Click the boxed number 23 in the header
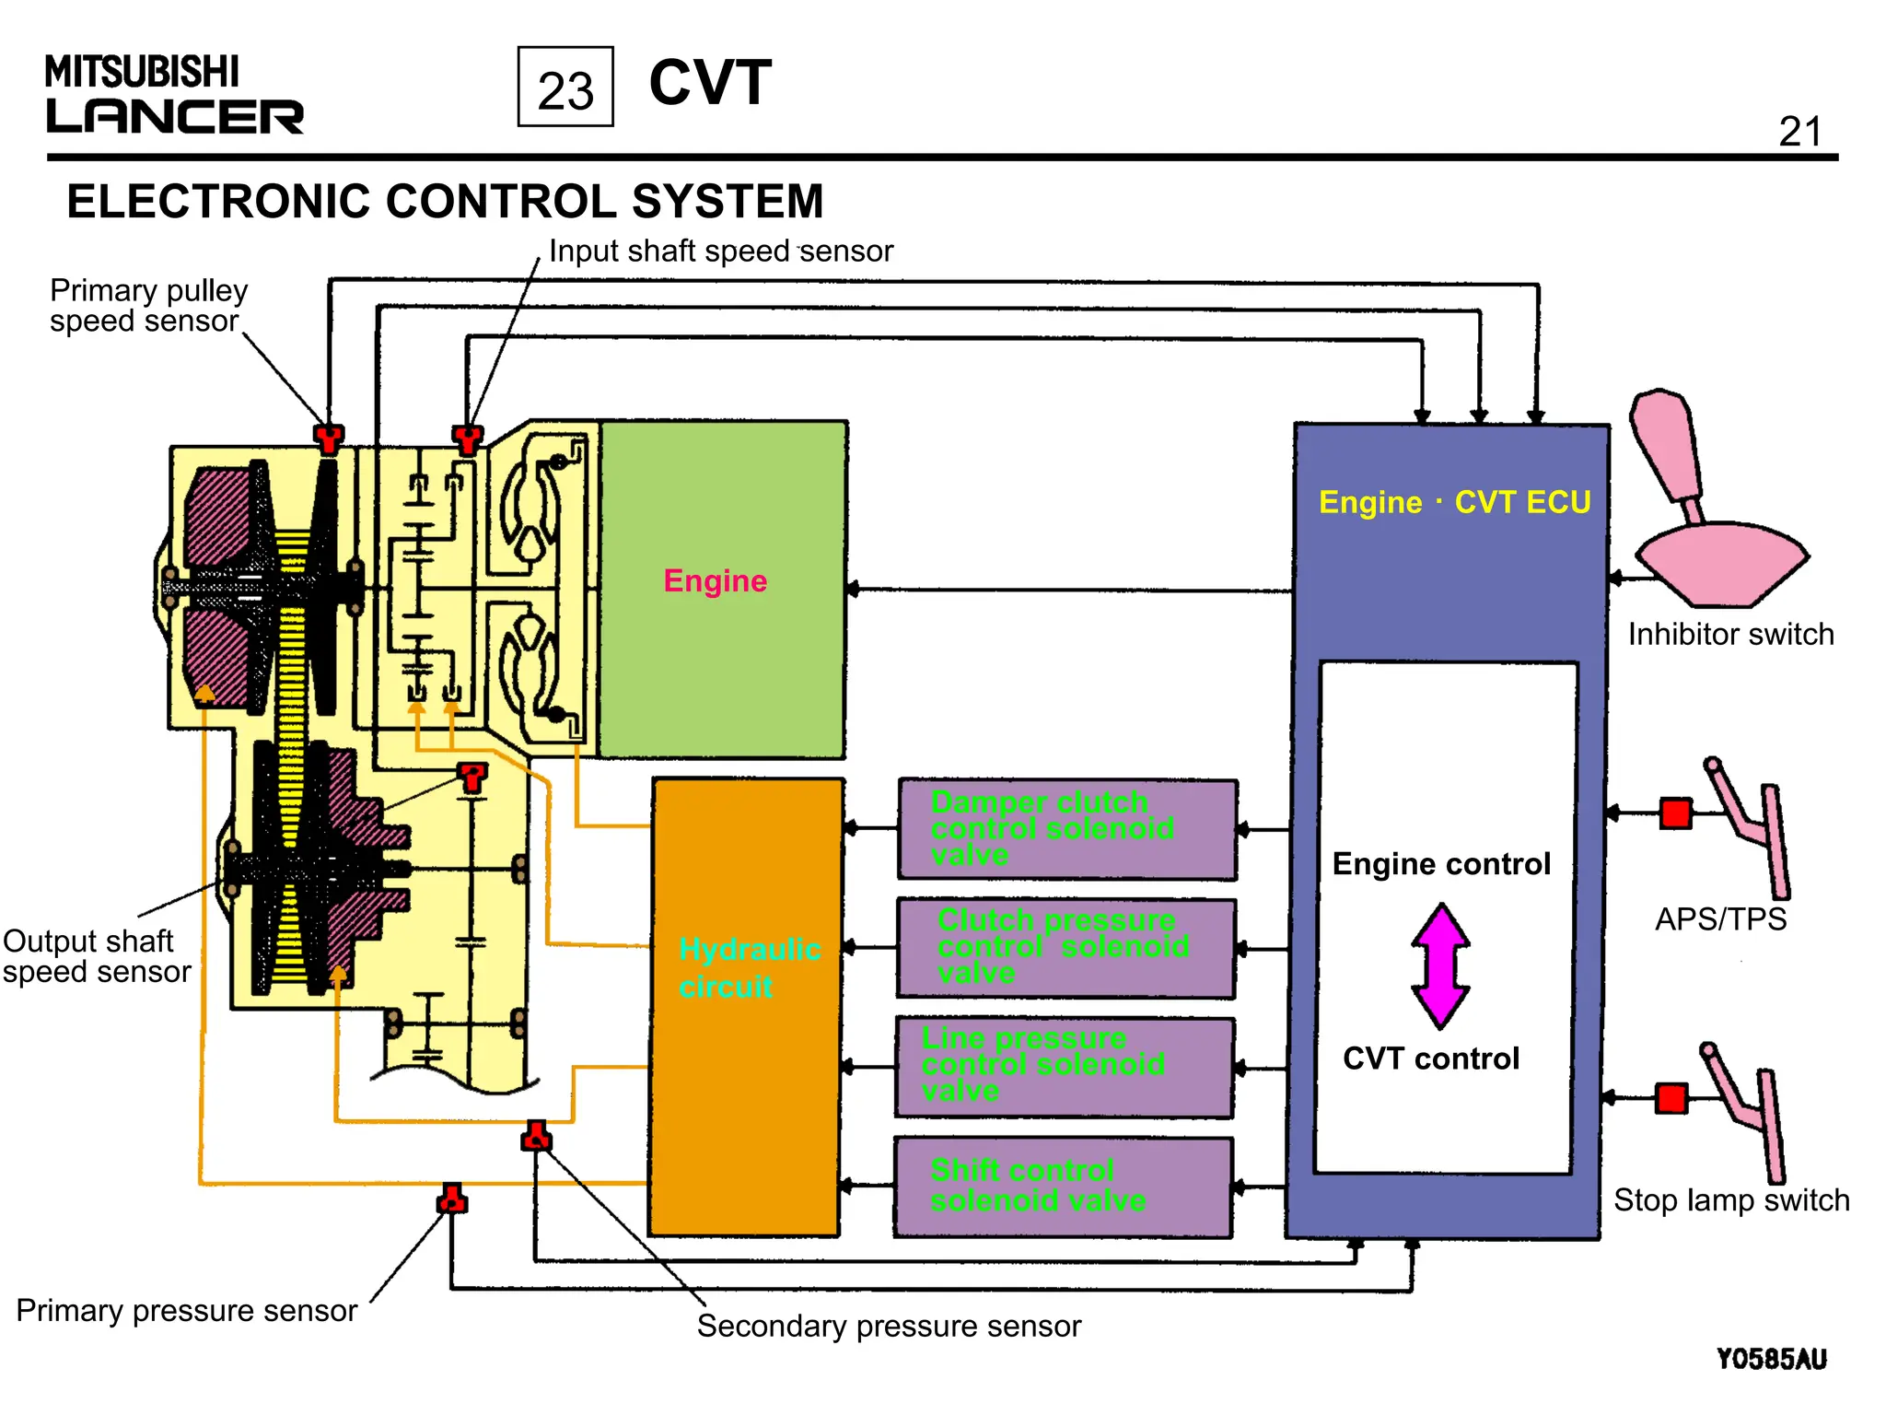point(565,88)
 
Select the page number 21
point(1799,132)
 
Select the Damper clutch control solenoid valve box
point(1067,829)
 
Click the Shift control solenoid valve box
point(1063,1187)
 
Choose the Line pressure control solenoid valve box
point(1064,1067)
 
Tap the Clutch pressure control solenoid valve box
point(1065,948)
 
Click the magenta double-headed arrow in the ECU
point(1441,965)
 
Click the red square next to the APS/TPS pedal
point(1676,813)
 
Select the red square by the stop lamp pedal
point(1671,1098)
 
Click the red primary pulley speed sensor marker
point(329,438)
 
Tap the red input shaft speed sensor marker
point(468,439)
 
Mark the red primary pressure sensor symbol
point(451,1199)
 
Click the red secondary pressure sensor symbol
point(536,1137)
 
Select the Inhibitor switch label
point(1730,635)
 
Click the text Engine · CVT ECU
point(1454,502)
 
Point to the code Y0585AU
point(1771,1359)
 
